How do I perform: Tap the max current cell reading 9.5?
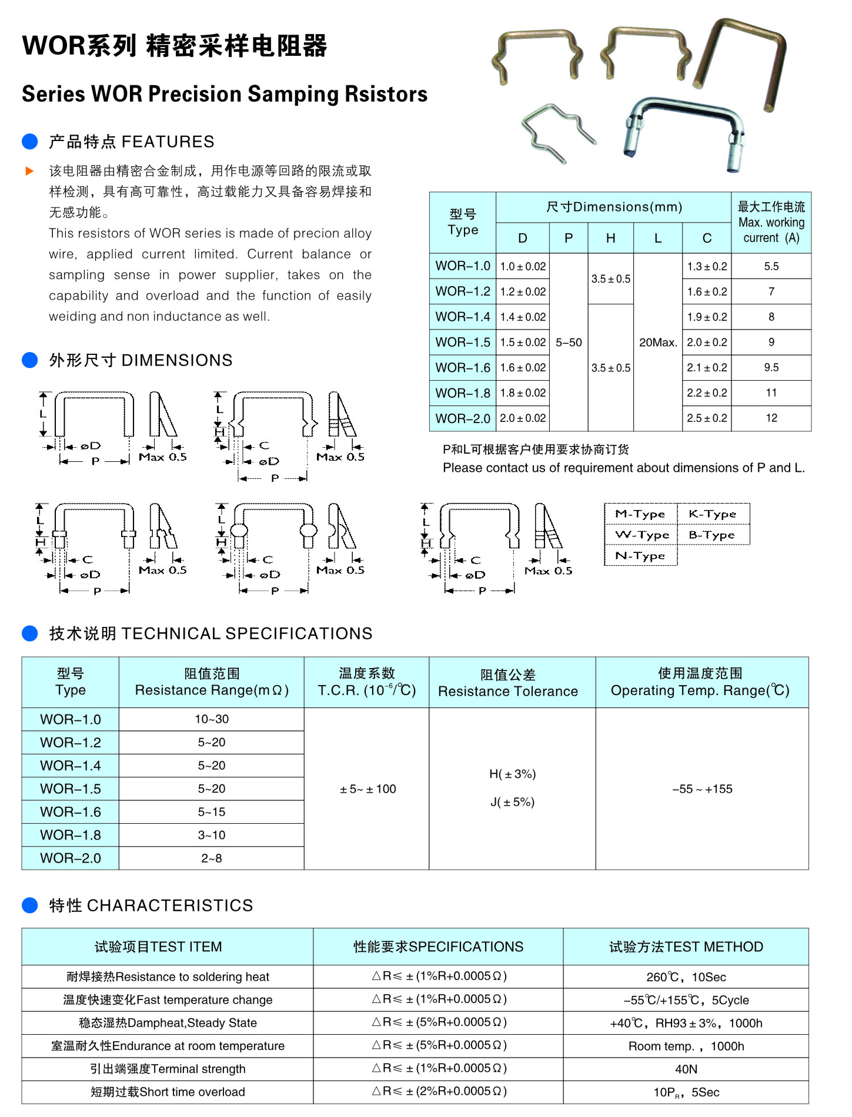[x=771, y=368]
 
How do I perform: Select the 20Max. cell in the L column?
[x=658, y=343]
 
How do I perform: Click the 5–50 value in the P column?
[x=569, y=343]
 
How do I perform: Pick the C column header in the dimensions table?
[x=707, y=238]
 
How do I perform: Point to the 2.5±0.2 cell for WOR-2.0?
[x=707, y=418]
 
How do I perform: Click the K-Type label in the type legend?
[x=713, y=514]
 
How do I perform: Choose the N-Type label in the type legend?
[x=640, y=556]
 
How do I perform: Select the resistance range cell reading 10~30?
[x=212, y=719]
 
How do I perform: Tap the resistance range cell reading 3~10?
[x=212, y=835]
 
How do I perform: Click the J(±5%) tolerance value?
[x=512, y=802]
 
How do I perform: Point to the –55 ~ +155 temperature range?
[x=702, y=789]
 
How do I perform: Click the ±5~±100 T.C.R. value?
[x=367, y=789]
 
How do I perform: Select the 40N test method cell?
[x=686, y=1069]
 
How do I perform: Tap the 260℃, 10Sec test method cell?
[x=686, y=977]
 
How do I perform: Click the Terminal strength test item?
[x=168, y=1069]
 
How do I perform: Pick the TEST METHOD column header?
[x=686, y=947]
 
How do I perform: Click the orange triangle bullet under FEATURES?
[x=29, y=172]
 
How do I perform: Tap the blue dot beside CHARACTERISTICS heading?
[x=29, y=905]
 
